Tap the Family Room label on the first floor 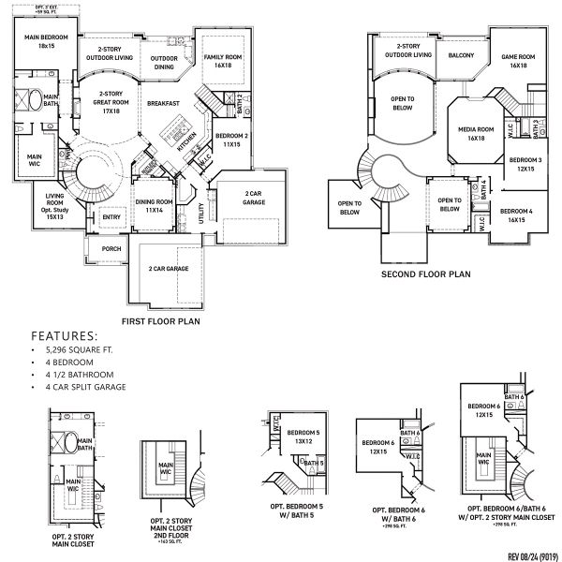point(224,61)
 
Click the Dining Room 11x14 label point(154,205)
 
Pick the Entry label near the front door point(111,217)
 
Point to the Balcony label point(461,55)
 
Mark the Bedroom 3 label point(525,164)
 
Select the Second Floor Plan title point(425,275)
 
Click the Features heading point(65,334)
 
